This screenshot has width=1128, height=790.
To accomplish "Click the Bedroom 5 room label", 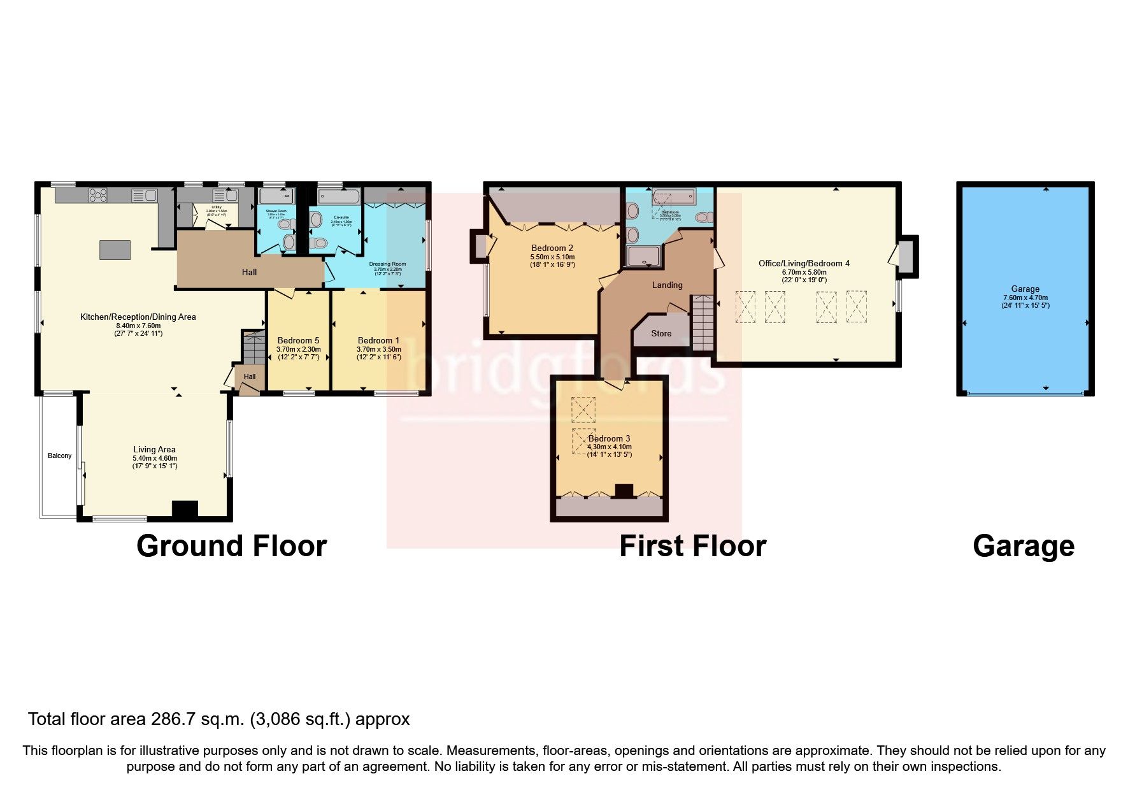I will tap(298, 340).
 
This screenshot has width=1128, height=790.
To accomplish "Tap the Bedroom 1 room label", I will tap(378, 340).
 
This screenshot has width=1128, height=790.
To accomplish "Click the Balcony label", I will tap(59, 456).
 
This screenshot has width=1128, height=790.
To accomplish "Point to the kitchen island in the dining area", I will tap(115, 249).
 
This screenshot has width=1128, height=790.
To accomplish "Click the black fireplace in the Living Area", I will tap(185, 509).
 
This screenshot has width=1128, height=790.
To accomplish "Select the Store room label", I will tap(661, 333).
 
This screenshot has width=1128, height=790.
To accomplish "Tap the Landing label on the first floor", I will tap(667, 285).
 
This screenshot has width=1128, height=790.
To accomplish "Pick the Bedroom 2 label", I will tap(552, 248).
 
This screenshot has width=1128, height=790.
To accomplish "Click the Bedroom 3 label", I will tap(609, 438).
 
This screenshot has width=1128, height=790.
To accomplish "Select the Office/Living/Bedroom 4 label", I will tap(804, 263).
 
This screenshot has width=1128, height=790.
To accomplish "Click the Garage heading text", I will tap(1023, 547).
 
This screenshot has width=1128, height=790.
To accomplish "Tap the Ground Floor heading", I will tap(231, 547).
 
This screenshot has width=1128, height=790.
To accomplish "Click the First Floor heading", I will tap(692, 547).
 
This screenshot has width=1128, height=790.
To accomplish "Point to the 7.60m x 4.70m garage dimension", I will tap(1025, 298).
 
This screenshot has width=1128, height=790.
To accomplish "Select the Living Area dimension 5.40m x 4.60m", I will tap(154, 458).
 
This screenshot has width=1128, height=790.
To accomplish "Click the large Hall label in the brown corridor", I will tap(249, 272).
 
